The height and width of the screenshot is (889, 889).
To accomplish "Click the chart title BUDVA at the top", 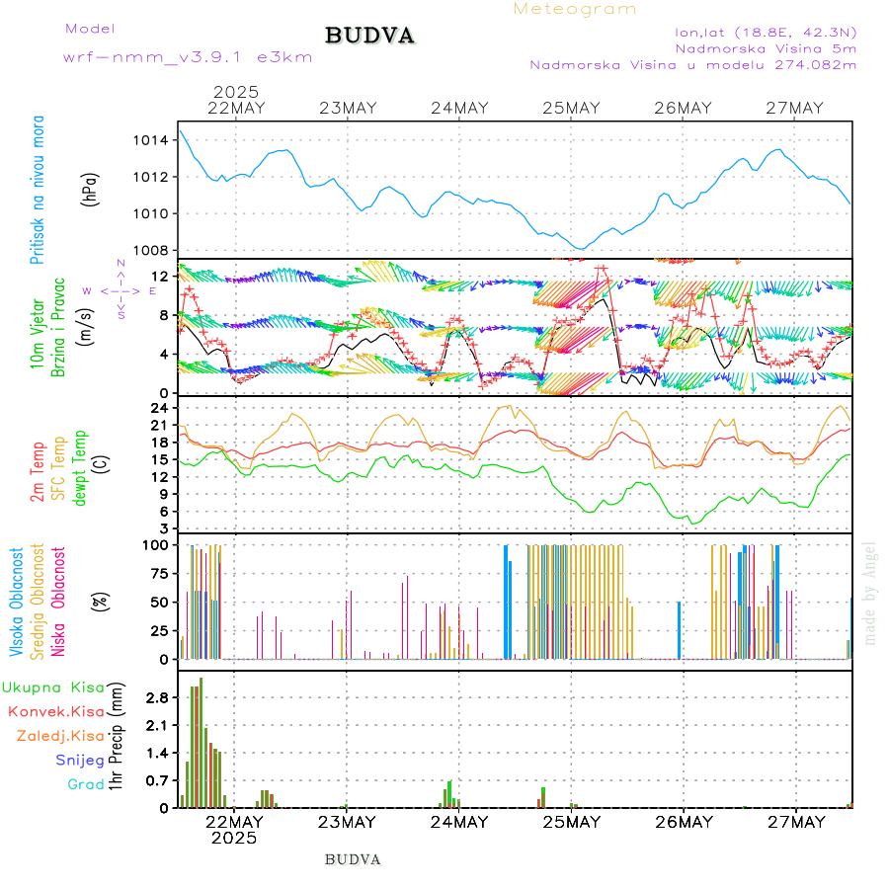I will [369, 36].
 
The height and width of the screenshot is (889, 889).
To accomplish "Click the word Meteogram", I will [575, 9].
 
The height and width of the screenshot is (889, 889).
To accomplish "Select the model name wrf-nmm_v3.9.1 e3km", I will [188, 57].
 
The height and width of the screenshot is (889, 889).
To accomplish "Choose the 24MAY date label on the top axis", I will [460, 108].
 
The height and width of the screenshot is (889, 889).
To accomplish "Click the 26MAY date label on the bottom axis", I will [684, 822].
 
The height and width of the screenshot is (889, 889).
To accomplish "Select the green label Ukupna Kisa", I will [53, 687].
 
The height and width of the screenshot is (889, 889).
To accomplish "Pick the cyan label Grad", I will [86, 784].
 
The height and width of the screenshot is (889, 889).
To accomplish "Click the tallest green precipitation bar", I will [201, 741].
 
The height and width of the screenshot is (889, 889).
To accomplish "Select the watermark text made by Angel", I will [870, 593].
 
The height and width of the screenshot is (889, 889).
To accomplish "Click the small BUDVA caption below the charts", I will [353, 859].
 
